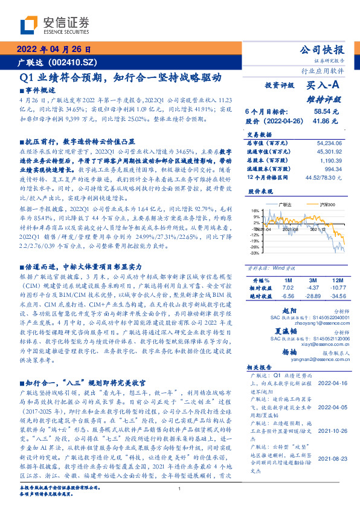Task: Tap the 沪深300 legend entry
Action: pyautogui.click(x=310, y=205)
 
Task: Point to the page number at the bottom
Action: pyautogui.click(x=179, y=505)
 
